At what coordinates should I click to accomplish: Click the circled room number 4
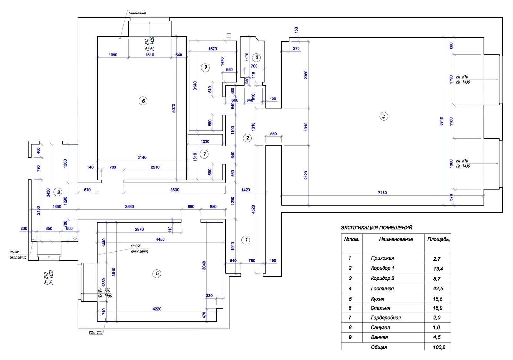(x=383, y=116)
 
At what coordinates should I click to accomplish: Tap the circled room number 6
(x=143, y=101)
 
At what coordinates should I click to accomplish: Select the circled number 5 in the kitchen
(x=157, y=274)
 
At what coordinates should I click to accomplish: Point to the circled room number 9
(x=206, y=67)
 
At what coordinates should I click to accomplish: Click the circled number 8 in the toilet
(x=256, y=57)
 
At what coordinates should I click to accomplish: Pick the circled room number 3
(x=58, y=193)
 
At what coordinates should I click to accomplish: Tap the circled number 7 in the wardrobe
(x=205, y=154)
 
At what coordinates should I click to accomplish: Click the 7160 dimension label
(x=382, y=193)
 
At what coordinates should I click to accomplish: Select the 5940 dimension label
(x=441, y=121)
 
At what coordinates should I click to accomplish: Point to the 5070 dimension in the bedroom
(x=174, y=108)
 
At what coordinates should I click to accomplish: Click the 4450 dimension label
(x=160, y=239)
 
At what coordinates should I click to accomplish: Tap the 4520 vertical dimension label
(x=253, y=210)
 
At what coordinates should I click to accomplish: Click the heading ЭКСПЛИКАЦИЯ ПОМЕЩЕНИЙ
(x=376, y=228)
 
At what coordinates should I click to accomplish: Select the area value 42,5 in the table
(x=438, y=289)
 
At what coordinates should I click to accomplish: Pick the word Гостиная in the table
(x=382, y=289)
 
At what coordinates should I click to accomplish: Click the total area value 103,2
(x=439, y=347)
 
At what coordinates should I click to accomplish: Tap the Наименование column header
(x=396, y=239)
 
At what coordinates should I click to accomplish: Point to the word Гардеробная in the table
(x=386, y=318)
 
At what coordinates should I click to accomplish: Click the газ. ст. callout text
(x=96, y=332)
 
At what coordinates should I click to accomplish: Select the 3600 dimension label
(x=175, y=190)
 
